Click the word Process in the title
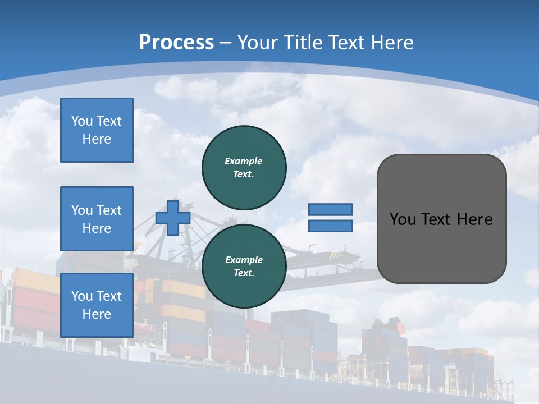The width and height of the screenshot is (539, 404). pyautogui.click(x=176, y=43)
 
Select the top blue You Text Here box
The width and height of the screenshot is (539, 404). pyautogui.click(x=97, y=130)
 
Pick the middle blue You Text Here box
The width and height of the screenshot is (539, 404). pyautogui.click(x=97, y=219)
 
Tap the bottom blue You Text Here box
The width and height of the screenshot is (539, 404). pyautogui.click(x=97, y=305)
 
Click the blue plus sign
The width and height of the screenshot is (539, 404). pyautogui.click(x=173, y=218)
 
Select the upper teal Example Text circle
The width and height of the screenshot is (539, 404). pyautogui.click(x=244, y=167)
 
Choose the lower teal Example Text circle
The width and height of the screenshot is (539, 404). pyautogui.click(x=244, y=266)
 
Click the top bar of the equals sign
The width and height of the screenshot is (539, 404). pyautogui.click(x=330, y=210)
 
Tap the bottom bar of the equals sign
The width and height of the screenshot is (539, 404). pyautogui.click(x=330, y=226)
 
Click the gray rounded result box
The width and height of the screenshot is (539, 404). pyautogui.click(x=441, y=247)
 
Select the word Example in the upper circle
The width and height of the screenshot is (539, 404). pyautogui.click(x=244, y=161)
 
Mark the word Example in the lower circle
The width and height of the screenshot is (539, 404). pyautogui.click(x=244, y=260)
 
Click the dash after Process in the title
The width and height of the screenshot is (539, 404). pyautogui.click(x=226, y=43)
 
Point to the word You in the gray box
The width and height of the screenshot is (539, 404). pyautogui.click(x=403, y=219)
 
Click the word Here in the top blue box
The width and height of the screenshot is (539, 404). pyautogui.click(x=97, y=139)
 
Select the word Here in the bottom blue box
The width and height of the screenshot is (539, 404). pyautogui.click(x=97, y=314)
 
